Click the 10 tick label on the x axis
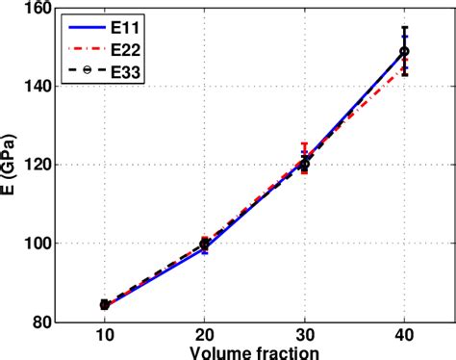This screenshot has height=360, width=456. pos(104,337)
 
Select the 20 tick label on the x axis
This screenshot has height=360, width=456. pos(204,337)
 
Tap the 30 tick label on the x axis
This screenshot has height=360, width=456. pos(304,337)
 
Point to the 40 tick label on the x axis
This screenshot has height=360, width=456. pos(404,337)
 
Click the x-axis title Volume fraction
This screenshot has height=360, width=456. pos(254,352)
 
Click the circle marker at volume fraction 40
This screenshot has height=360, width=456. pos(404,51)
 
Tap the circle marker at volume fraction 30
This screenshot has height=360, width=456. pos(304,165)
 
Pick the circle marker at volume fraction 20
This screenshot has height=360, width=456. pos(204,244)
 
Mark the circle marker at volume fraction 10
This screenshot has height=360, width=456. pos(104,304)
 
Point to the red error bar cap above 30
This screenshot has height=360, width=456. pos(304,143)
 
